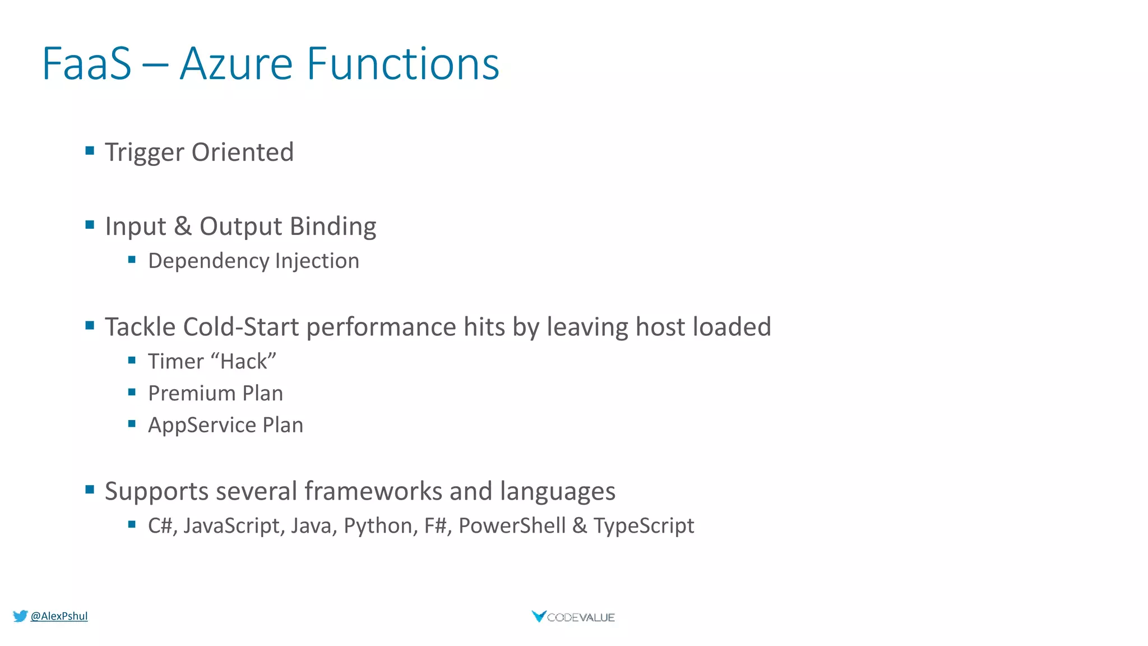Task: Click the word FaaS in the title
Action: [87, 64]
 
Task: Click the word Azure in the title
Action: [236, 64]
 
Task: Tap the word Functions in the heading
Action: [402, 64]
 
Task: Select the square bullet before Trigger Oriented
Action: [90, 150]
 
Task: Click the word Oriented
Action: [242, 153]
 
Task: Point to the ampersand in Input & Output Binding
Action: [183, 227]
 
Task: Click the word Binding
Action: [333, 227]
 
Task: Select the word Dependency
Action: [209, 261]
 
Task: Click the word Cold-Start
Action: [241, 327]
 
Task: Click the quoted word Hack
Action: [244, 362]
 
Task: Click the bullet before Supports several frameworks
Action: [90, 490]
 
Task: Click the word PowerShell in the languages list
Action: [512, 526]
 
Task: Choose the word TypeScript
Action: [644, 526]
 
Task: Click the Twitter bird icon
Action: [20, 616]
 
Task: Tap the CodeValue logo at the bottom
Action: [573, 617]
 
